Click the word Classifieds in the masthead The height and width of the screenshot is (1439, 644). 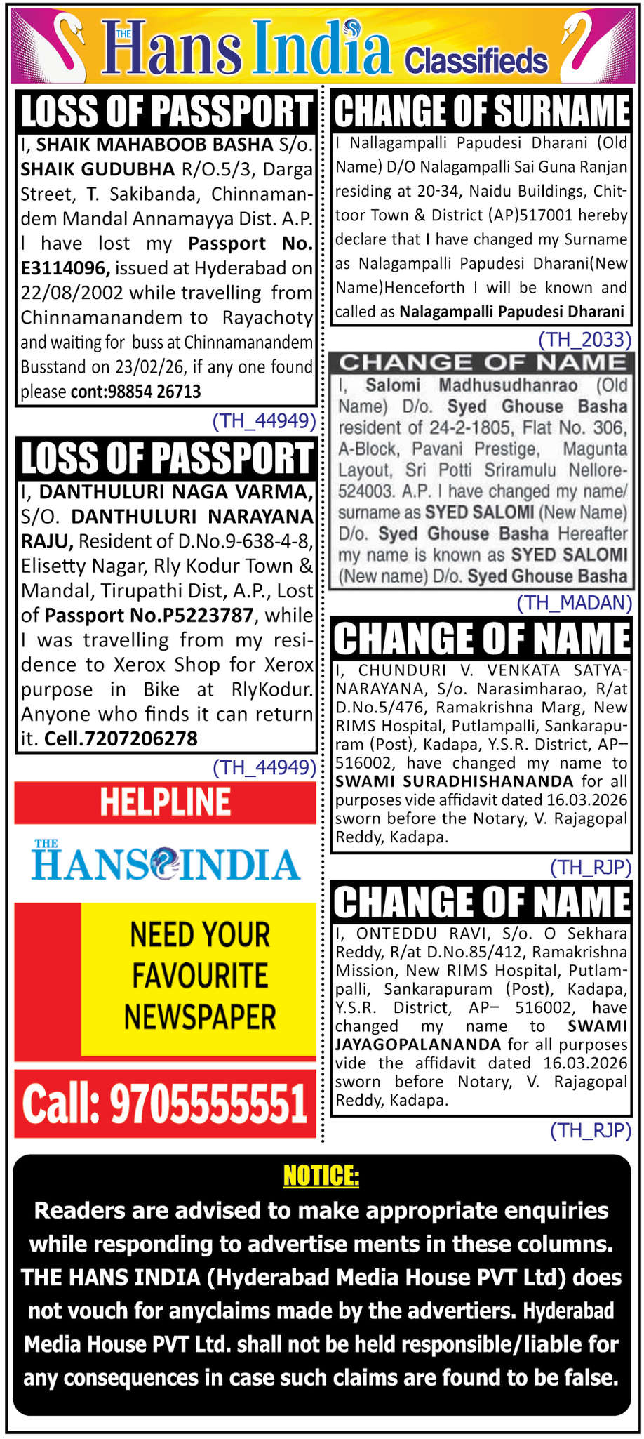coord(476,61)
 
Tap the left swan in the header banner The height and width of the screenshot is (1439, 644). coord(60,44)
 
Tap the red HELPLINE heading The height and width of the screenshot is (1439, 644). coord(165,802)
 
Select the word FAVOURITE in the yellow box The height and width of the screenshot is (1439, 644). coord(200,976)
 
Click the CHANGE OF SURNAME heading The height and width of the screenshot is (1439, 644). coord(482,111)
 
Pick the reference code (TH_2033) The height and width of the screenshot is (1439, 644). coord(584,340)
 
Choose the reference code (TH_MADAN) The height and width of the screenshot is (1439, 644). coord(574,603)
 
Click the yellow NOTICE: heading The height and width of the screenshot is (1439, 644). coord(321,1175)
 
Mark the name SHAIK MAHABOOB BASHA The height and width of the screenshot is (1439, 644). coord(154,145)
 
